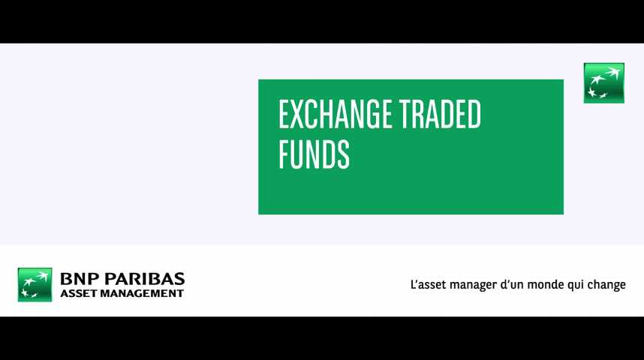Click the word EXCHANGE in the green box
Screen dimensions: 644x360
[x=335, y=114]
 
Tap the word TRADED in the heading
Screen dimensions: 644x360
[x=440, y=114]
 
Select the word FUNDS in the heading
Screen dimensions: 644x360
[x=314, y=154]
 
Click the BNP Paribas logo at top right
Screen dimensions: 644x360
[x=603, y=83]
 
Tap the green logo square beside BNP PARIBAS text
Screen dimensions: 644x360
[x=35, y=284]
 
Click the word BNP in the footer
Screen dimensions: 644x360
[x=80, y=279]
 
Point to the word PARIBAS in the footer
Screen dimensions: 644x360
[x=145, y=279]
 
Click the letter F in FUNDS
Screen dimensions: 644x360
[x=284, y=154]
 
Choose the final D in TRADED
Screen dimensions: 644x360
[x=474, y=114]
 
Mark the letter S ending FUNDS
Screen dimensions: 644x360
[x=343, y=154]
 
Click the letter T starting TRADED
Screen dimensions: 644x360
[x=405, y=114]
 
